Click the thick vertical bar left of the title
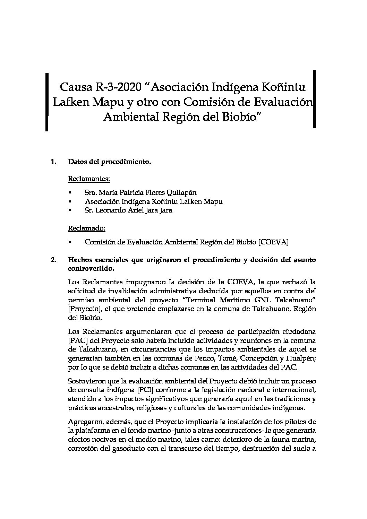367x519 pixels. (46, 102)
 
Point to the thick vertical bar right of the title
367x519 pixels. (314, 99)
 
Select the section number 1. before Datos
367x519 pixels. (53, 162)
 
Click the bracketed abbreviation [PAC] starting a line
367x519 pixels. (77, 340)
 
